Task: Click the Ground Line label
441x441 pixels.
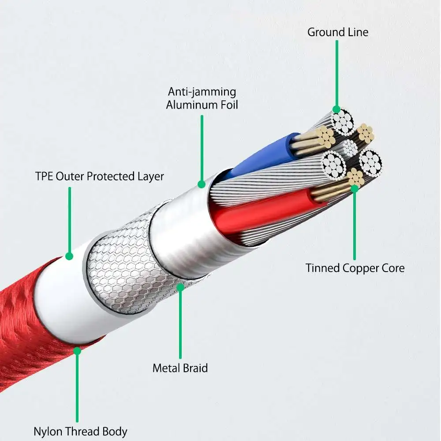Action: [x=338, y=32]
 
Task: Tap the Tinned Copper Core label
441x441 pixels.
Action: [x=355, y=268]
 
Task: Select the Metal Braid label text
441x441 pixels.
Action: [x=180, y=368]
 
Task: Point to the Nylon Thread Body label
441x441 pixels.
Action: [x=80, y=431]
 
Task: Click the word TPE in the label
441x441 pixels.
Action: [x=44, y=177]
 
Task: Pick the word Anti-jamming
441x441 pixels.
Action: [x=202, y=92]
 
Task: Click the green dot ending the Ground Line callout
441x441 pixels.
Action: [x=336, y=109]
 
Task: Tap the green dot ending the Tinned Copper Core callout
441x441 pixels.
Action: [x=355, y=188]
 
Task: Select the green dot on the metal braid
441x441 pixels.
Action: [x=180, y=287]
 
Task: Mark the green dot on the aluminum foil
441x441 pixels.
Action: [x=202, y=184]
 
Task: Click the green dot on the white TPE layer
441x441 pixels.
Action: [x=69, y=256]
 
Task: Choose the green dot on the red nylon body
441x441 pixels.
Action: [x=77, y=351]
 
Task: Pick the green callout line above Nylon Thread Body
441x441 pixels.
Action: [x=77, y=388]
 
